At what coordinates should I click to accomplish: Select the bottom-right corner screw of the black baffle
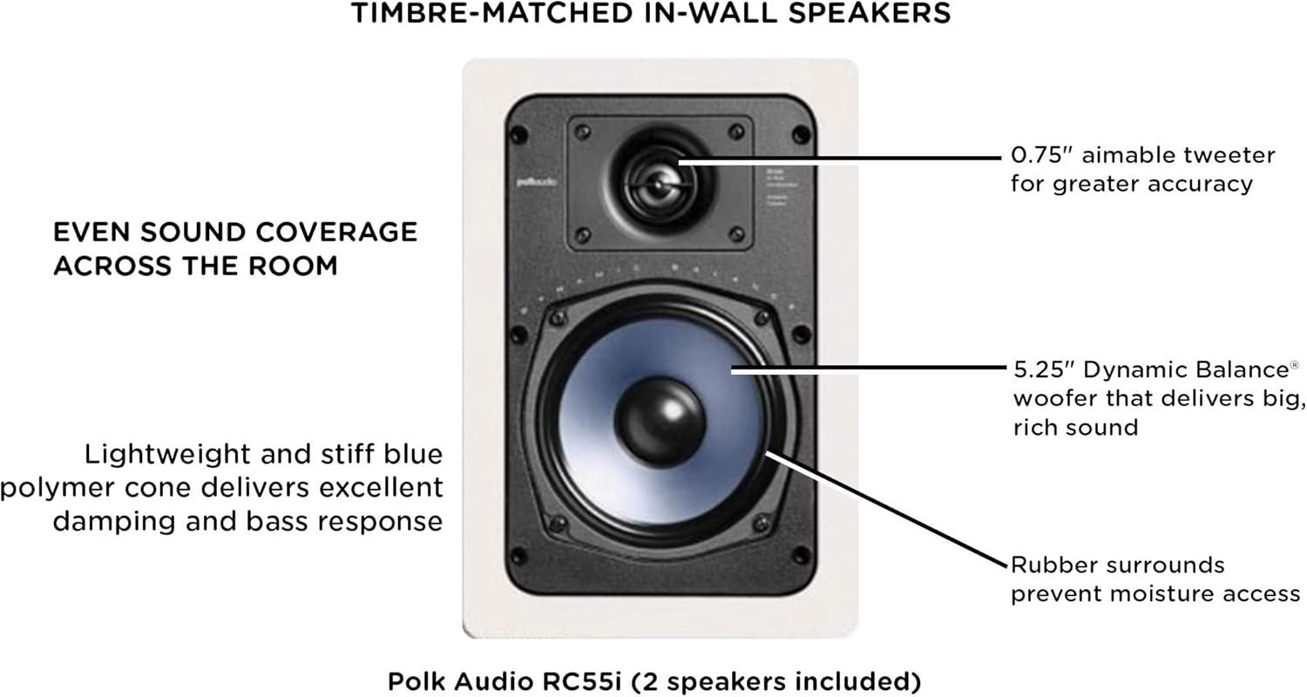pos(799,554)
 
